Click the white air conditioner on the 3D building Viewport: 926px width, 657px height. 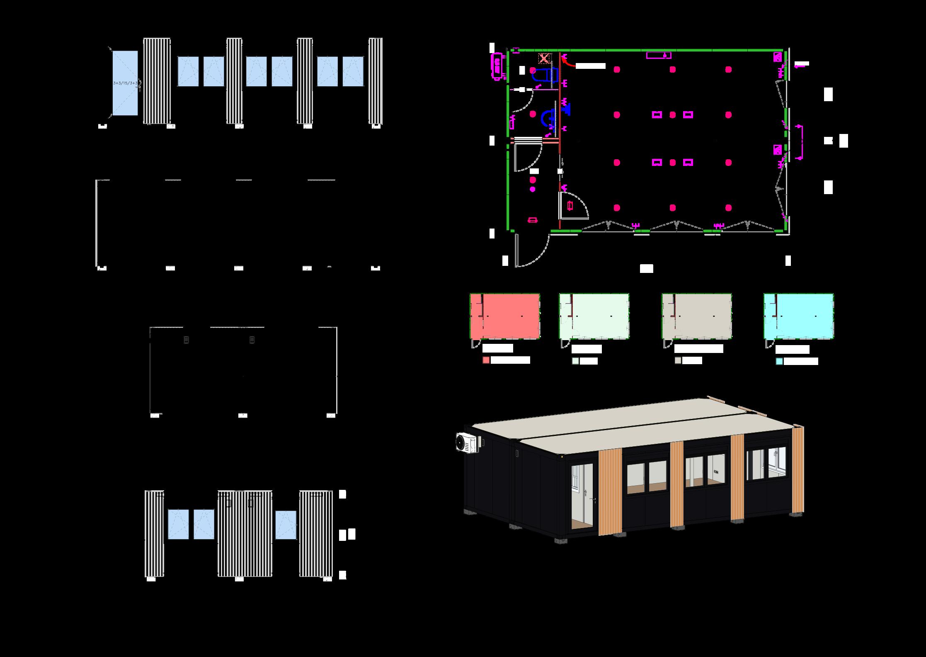466,443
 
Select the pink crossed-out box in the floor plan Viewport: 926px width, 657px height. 544,58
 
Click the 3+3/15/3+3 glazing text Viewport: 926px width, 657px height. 125,83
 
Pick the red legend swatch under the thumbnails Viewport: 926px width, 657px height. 486,360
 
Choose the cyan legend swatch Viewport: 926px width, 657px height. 779,361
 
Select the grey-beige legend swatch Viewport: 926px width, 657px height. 678,361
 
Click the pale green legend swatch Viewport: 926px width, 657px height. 575,361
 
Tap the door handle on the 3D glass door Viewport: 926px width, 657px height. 584,493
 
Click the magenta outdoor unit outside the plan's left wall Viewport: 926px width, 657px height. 497,66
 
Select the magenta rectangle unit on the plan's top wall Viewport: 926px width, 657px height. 659,55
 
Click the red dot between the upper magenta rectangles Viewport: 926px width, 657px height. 672,115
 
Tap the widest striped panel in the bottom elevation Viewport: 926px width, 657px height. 245,534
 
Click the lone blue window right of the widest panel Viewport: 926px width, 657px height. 286,525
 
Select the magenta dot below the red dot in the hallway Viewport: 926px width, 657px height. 533,189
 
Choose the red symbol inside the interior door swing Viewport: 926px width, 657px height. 570,205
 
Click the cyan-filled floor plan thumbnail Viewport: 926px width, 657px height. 798,316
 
